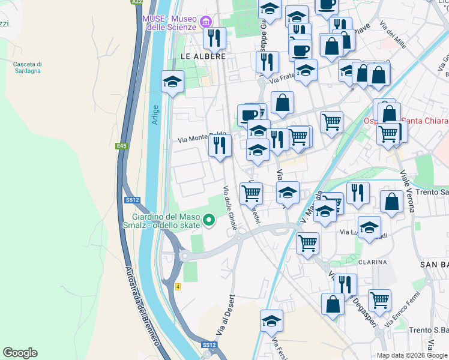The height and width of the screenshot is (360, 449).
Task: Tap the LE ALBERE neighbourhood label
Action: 203,56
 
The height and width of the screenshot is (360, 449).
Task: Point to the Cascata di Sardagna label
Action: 27,67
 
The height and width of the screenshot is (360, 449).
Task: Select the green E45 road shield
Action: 122,146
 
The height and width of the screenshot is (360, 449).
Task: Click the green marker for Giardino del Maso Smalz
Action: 209,221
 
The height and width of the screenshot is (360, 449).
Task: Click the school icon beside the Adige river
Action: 172,82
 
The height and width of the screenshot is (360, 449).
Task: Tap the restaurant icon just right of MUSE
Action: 214,38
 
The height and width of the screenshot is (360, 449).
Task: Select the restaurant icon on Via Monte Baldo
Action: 220,145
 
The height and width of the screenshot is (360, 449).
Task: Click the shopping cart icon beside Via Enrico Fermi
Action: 379,301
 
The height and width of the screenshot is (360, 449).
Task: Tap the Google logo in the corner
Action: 20,353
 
